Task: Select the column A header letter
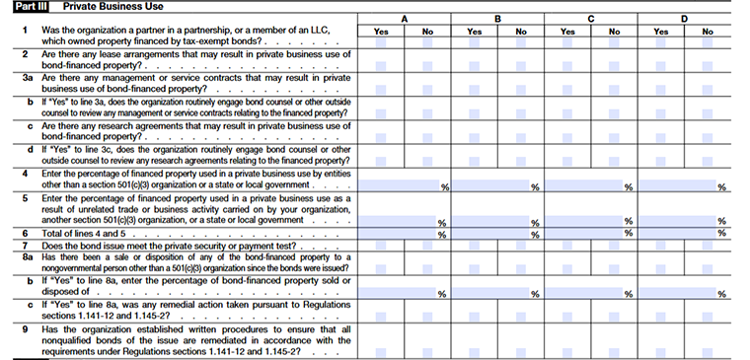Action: (405, 18)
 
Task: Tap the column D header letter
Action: (685, 18)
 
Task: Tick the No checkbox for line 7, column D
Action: (708, 243)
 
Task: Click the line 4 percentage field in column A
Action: (400, 185)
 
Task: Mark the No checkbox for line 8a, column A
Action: (427, 258)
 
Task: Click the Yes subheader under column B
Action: (474, 32)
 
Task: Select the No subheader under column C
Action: (614, 32)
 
